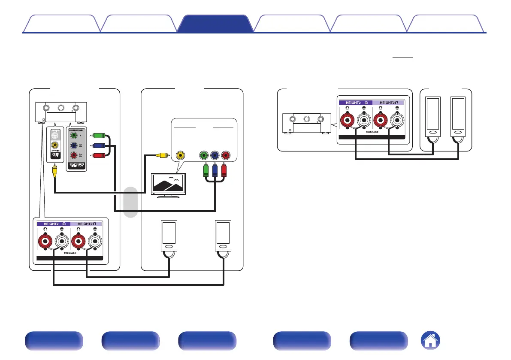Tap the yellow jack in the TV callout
tap(181, 155)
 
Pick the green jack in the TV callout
tap(204, 155)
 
